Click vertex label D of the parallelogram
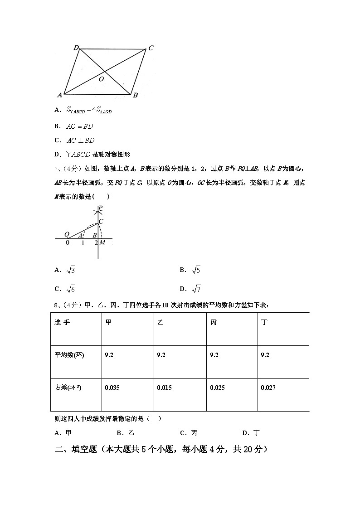(x=76, y=48)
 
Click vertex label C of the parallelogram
(x=151, y=48)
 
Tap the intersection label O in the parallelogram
(x=101, y=79)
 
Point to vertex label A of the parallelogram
(x=59, y=95)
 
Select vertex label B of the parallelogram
(x=135, y=95)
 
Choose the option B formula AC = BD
(x=80, y=126)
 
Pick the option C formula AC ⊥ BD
(x=81, y=140)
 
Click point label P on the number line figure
(x=100, y=208)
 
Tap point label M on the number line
(x=102, y=242)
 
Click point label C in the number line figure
(x=101, y=221)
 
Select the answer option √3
(x=71, y=270)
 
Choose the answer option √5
(x=196, y=270)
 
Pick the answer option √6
(x=71, y=289)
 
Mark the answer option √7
(x=196, y=289)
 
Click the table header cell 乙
(x=161, y=322)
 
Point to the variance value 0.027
(x=268, y=388)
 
